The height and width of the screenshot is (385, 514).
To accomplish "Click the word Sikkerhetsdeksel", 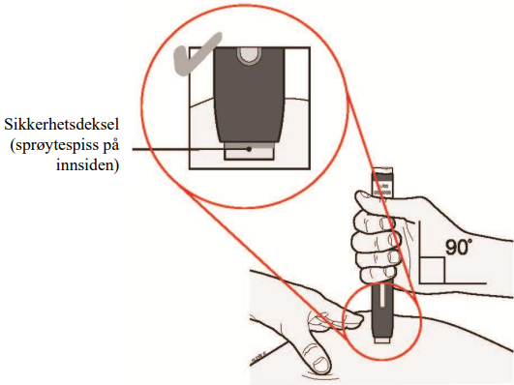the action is tap(61, 125).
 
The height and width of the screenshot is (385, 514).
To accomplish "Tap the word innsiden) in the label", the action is tap(87, 164).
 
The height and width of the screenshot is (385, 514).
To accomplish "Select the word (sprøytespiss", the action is tap(50, 145).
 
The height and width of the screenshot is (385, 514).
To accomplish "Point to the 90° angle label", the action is tap(460, 247).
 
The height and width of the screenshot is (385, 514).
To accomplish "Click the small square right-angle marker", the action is tap(432, 270).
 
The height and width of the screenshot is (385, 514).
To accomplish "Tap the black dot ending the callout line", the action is tap(249, 149).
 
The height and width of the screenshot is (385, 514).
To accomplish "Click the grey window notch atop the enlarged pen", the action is tap(250, 55).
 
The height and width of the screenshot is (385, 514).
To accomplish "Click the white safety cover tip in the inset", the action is tap(249, 151).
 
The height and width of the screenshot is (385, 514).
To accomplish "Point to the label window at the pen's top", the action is tap(382, 184).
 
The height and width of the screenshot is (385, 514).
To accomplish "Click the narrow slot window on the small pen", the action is tap(382, 296).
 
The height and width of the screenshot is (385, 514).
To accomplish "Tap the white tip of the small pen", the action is tap(382, 341).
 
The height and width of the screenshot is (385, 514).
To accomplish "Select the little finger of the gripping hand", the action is tap(376, 276).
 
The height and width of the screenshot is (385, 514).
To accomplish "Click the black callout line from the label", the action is tap(191, 149).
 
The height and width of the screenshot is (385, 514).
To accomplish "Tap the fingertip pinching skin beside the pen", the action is tap(354, 320).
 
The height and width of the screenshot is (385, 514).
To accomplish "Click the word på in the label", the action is tap(109, 146).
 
